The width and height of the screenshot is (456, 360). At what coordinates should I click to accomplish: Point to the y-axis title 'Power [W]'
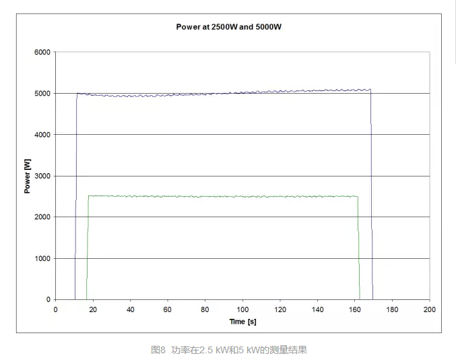[x=28, y=175]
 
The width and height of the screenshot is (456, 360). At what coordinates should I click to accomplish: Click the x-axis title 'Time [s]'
[x=242, y=322]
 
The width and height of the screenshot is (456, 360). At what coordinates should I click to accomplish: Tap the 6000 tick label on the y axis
[x=42, y=52]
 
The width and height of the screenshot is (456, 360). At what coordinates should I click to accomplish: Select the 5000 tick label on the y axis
[x=42, y=93]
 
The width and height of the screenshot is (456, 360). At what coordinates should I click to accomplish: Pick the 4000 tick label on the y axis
[x=42, y=135]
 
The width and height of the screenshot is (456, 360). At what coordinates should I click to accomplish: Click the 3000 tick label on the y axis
[x=42, y=176]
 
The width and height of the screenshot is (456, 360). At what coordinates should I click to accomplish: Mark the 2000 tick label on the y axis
[x=42, y=217]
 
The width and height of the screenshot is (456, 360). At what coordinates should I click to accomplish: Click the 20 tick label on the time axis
[x=93, y=309]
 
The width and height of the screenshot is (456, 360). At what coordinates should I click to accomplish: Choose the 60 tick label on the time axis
[x=168, y=309]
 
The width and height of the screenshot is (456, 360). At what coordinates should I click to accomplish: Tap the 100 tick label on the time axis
[x=242, y=309]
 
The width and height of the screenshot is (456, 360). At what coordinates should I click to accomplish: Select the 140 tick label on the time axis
[x=317, y=309]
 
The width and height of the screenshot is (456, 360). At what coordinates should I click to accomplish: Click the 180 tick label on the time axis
[x=392, y=309]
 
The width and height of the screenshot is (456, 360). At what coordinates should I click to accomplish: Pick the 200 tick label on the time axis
[x=429, y=309]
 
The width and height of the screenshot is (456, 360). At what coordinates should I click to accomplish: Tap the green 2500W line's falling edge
[x=358, y=249]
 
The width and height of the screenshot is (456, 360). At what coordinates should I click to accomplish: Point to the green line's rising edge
[x=88, y=249]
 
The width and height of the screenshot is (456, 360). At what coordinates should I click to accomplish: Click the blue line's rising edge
[x=76, y=202]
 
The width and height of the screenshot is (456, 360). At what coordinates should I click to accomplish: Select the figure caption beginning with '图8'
[x=229, y=350]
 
